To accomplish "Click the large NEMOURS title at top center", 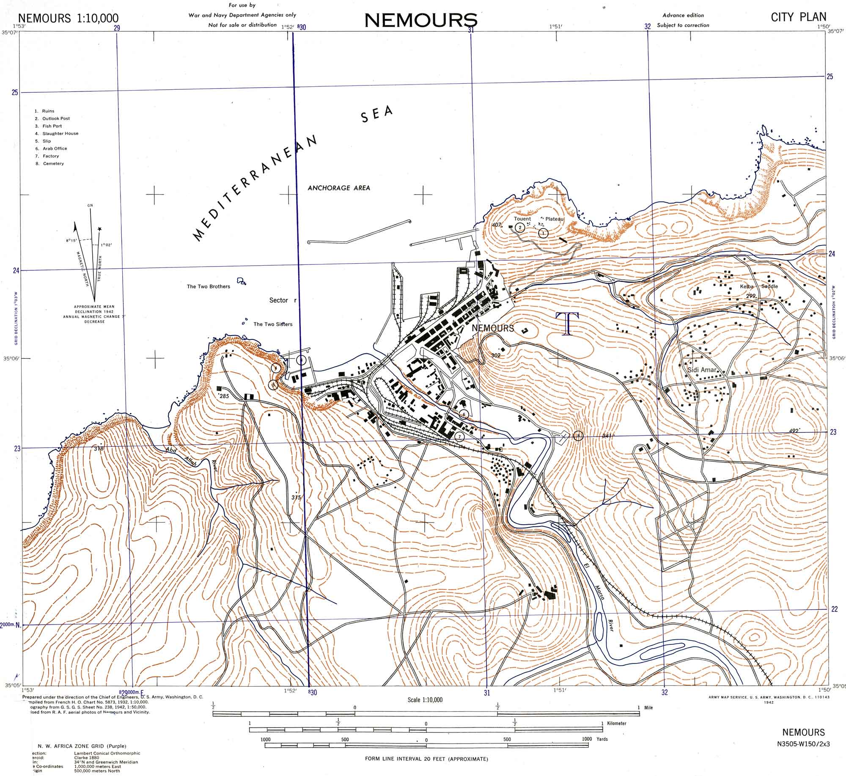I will pyautogui.click(x=421, y=20).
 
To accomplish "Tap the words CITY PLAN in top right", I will pyautogui.click(x=798, y=17).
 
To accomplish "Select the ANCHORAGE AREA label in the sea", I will pyautogui.click(x=338, y=188).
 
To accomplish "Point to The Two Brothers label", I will pyautogui.click(x=209, y=286).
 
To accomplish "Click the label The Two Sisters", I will pyautogui.click(x=273, y=324).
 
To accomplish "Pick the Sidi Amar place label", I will pyautogui.click(x=702, y=370).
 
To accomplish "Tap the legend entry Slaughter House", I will pyautogui.click(x=60, y=133).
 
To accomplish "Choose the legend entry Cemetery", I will pyautogui.click(x=53, y=163).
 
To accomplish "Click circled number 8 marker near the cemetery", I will pyautogui.click(x=578, y=435).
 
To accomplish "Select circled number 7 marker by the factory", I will pyautogui.click(x=459, y=436).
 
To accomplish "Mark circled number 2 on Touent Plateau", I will pyautogui.click(x=520, y=227).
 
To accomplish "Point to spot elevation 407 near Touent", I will pyautogui.click(x=497, y=225).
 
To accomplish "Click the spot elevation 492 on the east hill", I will pyautogui.click(x=794, y=431).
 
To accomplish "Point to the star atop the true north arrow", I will pyautogui.click(x=100, y=229).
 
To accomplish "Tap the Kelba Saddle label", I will pyautogui.click(x=758, y=286).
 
